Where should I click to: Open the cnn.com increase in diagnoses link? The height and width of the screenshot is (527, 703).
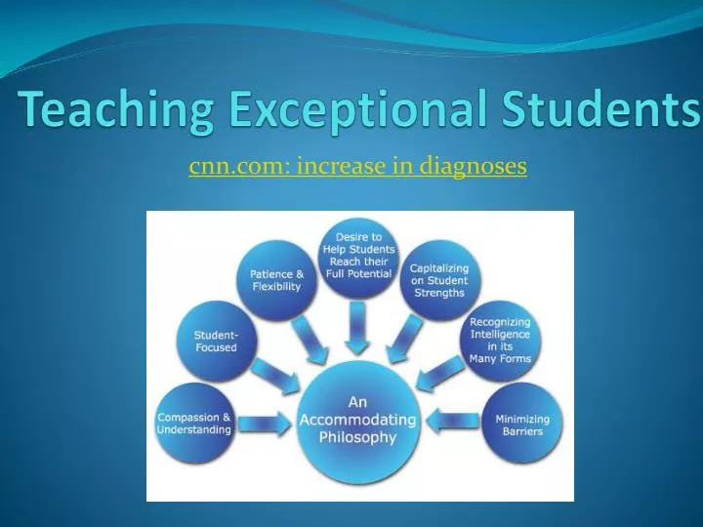(357, 167)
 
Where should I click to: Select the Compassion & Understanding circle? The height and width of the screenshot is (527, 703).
(195, 424)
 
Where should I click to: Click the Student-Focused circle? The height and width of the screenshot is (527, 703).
(215, 342)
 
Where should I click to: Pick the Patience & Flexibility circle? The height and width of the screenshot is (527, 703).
(276, 280)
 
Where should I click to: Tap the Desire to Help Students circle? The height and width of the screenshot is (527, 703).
(358, 257)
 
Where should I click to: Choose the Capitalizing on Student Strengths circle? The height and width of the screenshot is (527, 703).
(438, 280)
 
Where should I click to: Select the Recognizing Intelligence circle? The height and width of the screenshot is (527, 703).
(500, 340)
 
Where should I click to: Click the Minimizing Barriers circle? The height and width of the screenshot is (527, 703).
(523, 424)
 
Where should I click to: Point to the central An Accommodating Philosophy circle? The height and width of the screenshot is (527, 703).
(359, 420)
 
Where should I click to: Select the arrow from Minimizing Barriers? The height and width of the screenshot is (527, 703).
(455, 424)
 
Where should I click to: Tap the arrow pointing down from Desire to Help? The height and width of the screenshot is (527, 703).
(358, 327)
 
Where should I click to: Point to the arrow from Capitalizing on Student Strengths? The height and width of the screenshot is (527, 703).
(402, 338)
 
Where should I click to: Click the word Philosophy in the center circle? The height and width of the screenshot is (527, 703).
(359, 437)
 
